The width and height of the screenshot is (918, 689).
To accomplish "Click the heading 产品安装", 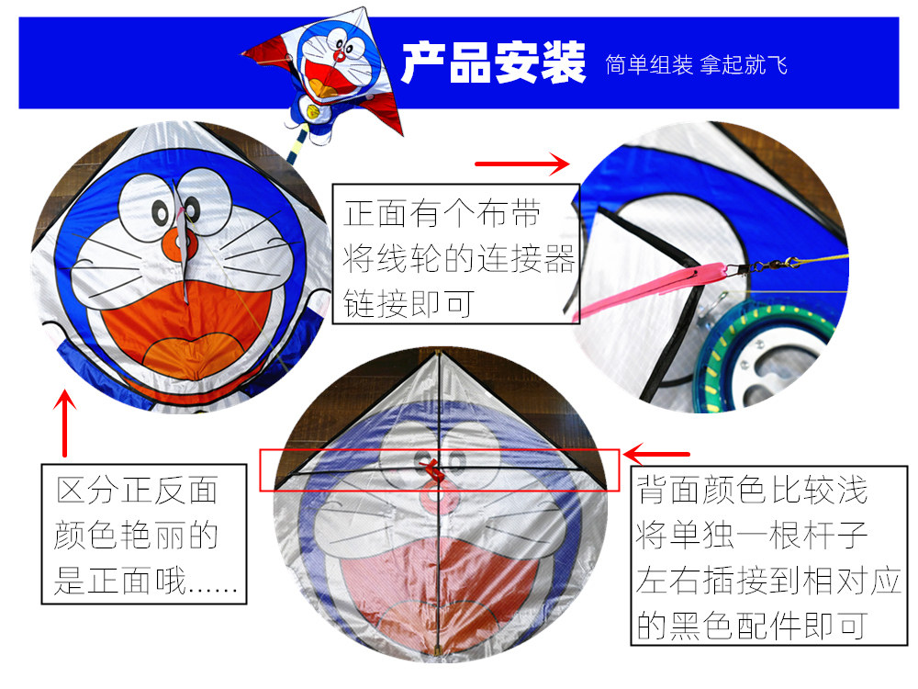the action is pyautogui.click(x=493, y=63).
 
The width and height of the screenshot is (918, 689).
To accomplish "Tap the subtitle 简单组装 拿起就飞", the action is pyautogui.click(x=697, y=65).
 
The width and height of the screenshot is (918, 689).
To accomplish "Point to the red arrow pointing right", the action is pyautogui.click(x=522, y=165).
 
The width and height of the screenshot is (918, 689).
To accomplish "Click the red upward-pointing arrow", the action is pyautogui.click(x=64, y=424).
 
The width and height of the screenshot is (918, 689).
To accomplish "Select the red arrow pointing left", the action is pyautogui.click(x=657, y=454).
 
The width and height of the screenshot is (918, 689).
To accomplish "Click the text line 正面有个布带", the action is pyautogui.click(x=442, y=215).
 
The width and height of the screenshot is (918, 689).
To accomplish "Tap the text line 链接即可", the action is pyautogui.click(x=409, y=303).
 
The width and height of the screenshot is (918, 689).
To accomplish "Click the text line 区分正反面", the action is pyautogui.click(x=137, y=490).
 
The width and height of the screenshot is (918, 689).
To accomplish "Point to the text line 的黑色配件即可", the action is pyautogui.click(x=752, y=626).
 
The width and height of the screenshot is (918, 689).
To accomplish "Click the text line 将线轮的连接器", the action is pyautogui.click(x=459, y=260).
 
